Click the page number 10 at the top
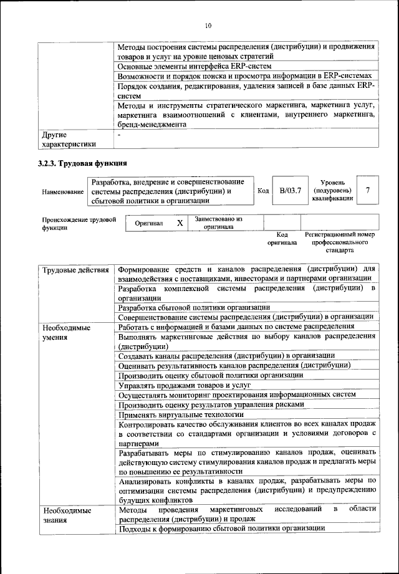(x=208, y=26)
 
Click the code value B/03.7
(x=290, y=190)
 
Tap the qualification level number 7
(x=368, y=190)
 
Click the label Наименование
(x=63, y=192)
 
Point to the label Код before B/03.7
(x=263, y=190)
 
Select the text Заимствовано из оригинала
(x=218, y=223)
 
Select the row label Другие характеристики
(x=69, y=140)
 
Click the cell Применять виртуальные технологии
(x=181, y=414)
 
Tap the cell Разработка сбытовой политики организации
(x=195, y=307)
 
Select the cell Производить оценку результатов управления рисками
(x=211, y=404)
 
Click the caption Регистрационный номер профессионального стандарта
(x=340, y=242)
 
